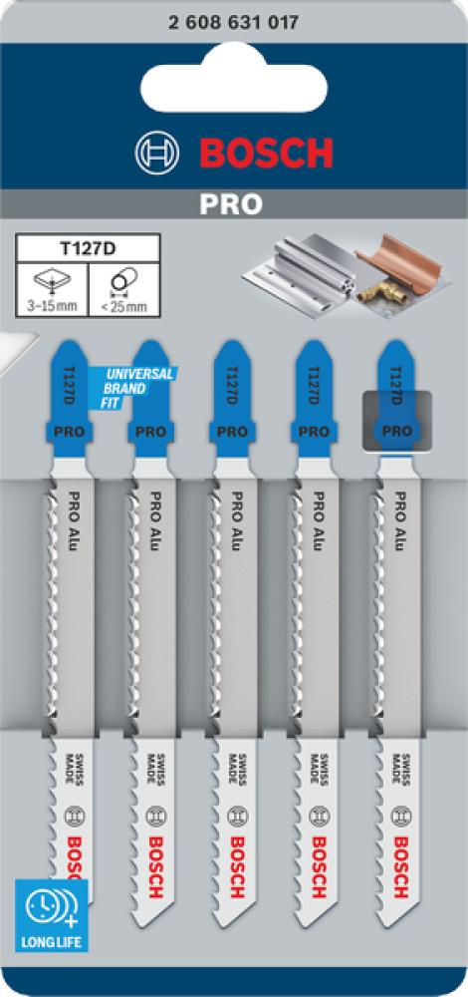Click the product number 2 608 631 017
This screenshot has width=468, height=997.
click(x=234, y=24)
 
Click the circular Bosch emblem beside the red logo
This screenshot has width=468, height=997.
click(x=157, y=154)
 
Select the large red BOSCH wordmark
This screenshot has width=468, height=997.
click(x=266, y=154)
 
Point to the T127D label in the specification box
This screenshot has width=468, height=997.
click(x=88, y=247)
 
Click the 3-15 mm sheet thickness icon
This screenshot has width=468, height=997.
click(x=52, y=289)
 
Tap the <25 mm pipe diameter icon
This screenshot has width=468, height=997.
click(x=123, y=289)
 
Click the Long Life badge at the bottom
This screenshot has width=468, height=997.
click(x=52, y=915)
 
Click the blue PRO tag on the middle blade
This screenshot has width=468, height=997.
click(x=232, y=432)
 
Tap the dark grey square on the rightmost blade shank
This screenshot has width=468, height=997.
click(x=396, y=421)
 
